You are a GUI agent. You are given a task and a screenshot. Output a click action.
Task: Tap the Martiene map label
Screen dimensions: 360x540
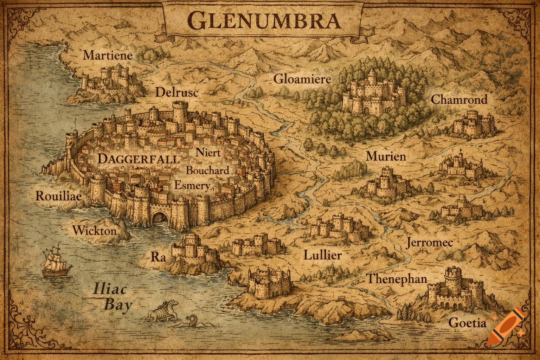[x=108, y=55]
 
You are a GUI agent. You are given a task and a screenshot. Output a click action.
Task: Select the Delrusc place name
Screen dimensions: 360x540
[x=177, y=92]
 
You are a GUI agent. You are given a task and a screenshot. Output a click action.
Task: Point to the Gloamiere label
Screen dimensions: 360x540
[x=302, y=79]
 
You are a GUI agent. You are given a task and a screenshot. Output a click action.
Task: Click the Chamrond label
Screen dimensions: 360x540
[x=459, y=99]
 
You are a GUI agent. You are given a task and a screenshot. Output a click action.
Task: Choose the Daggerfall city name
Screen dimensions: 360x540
[x=138, y=159]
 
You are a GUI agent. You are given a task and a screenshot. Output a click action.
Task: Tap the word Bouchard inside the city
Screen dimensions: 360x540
[x=207, y=171]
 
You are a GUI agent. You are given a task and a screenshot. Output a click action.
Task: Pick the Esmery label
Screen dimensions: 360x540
[x=192, y=185]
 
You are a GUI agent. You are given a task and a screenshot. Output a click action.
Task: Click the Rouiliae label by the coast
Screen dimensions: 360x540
[x=58, y=196]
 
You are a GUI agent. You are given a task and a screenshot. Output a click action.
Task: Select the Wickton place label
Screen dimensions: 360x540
[x=94, y=231]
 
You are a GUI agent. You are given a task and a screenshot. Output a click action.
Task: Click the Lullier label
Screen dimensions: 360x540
[x=322, y=255]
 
